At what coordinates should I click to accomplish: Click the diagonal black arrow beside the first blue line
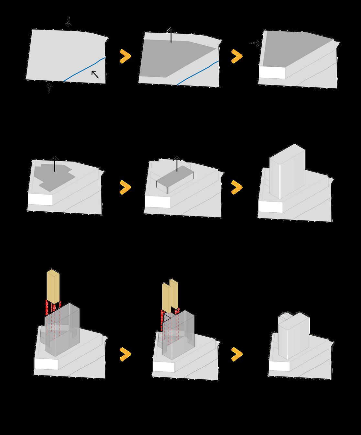click(x=95, y=74)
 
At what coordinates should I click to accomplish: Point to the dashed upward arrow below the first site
click(x=49, y=88)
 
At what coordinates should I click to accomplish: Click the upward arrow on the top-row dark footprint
click(x=171, y=35)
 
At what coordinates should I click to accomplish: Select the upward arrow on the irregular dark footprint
click(x=54, y=163)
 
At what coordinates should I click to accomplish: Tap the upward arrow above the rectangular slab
click(x=177, y=163)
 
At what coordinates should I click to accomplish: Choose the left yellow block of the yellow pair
click(x=166, y=297)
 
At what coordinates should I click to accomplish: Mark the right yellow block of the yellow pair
click(x=174, y=293)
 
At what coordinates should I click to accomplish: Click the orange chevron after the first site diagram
click(x=125, y=56)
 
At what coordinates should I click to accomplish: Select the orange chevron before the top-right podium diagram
click(x=237, y=56)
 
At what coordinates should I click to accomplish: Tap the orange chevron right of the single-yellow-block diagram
click(x=125, y=354)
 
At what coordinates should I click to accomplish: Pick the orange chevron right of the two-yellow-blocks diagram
click(x=237, y=354)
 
